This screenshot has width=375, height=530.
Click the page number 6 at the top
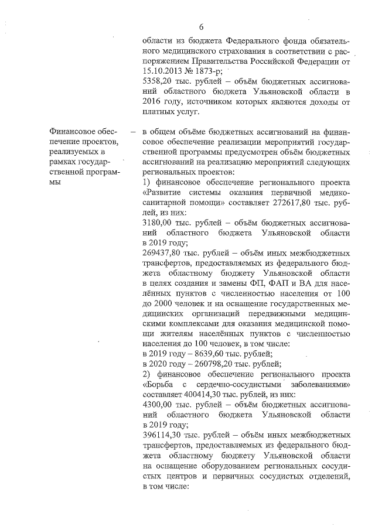(201, 27)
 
